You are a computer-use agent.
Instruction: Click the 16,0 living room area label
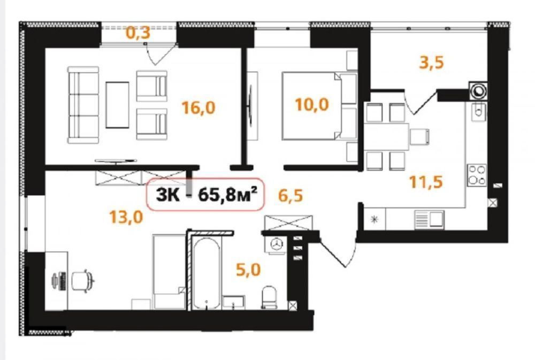click(x=198, y=108)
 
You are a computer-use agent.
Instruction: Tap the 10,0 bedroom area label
click(x=312, y=104)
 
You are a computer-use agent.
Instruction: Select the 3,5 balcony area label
click(x=431, y=63)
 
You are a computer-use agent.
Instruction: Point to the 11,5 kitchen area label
click(x=426, y=182)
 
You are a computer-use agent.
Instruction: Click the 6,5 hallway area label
click(x=291, y=196)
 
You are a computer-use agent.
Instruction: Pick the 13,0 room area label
click(x=126, y=217)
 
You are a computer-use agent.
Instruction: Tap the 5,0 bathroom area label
click(x=248, y=270)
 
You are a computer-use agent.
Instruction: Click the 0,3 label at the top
click(x=138, y=33)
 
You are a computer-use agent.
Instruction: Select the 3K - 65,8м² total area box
click(x=206, y=195)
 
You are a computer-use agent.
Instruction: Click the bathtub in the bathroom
click(x=206, y=273)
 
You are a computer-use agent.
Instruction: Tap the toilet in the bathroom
click(x=269, y=297)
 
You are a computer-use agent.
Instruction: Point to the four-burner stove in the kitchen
click(x=477, y=175)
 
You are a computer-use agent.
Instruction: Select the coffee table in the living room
click(x=117, y=105)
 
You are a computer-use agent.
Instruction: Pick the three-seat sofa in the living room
click(x=83, y=105)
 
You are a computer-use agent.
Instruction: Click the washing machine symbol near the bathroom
click(x=277, y=243)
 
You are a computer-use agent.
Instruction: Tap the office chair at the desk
click(x=82, y=280)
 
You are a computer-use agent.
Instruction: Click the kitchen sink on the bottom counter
click(x=429, y=219)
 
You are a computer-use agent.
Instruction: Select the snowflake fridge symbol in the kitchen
click(x=374, y=219)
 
